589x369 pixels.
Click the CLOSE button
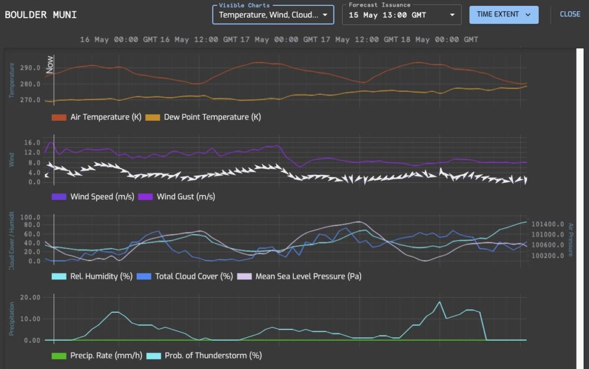click(x=570, y=14)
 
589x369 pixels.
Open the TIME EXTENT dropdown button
click(x=504, y=15)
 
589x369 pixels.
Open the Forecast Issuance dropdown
click(x=401, y=15)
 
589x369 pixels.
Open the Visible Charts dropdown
click(x=273, y=15)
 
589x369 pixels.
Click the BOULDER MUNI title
click(x=41, y=15)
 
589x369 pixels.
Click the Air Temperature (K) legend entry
click(x=97, y=117)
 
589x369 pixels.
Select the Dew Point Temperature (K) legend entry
click(x=203, y=117)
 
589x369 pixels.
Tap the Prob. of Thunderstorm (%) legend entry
click(x=204, y=355)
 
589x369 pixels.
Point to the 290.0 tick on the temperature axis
click(x=29, y=68)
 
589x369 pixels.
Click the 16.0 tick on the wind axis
click(x=32, y=143)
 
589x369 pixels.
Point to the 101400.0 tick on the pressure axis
click(x=548, y=225)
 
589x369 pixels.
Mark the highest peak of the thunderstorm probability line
click(x=439, y=302)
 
